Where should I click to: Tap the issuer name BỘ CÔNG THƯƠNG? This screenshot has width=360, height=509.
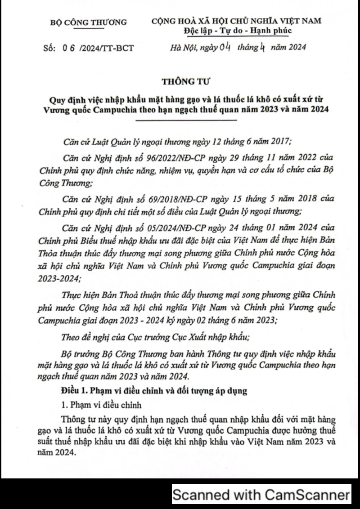pos(89,22)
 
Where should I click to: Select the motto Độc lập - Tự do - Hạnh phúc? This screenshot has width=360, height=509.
pos(238,31)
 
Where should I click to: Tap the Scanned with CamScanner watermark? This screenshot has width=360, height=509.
pos(261,495)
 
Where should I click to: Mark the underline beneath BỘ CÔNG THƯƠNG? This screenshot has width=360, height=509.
pos(89,28)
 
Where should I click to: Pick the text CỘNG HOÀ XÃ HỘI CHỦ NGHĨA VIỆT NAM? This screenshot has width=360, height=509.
pos(237,21)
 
